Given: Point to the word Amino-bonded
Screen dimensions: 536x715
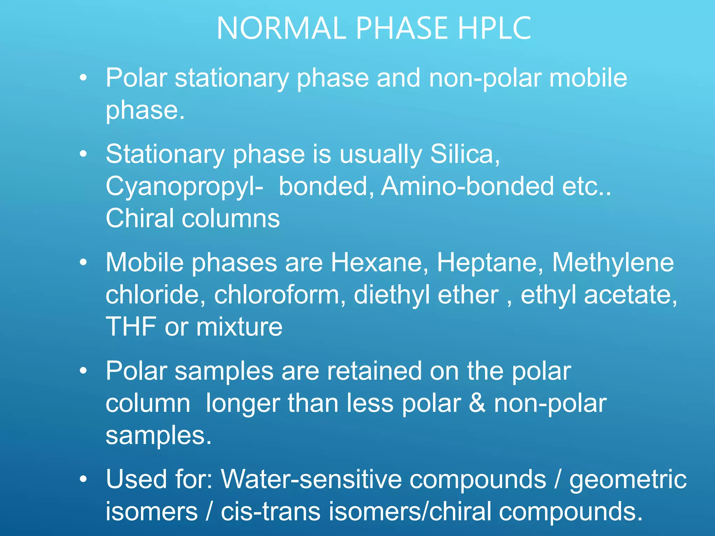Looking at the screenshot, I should [x=467, y=186].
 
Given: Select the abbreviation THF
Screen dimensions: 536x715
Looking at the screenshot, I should [x=131, y=327].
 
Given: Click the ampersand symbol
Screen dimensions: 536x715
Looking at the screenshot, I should [x=477, y=403].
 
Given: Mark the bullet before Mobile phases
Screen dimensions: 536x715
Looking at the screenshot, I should [x=83, y=262].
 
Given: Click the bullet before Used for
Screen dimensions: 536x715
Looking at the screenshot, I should [x=83, y=479].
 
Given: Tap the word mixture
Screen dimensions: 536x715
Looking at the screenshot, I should [x=239, y=327].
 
